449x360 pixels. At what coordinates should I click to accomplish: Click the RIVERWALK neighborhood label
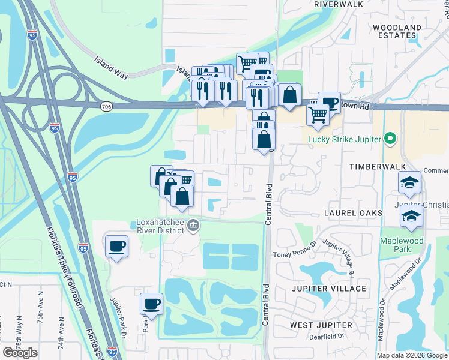339,4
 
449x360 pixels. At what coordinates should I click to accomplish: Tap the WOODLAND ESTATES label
397,32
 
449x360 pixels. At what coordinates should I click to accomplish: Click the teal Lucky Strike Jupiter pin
390,139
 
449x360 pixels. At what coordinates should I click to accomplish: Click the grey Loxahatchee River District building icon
193,226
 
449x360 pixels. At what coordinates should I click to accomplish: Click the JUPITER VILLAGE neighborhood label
328,289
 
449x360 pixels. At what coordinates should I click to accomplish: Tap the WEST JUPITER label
321,325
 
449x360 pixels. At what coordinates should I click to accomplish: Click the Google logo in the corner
20,353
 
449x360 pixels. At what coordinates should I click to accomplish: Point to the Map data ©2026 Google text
412,355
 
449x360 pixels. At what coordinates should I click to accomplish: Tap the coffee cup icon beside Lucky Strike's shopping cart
329,101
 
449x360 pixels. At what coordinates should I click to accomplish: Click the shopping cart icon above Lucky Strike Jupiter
318,113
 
